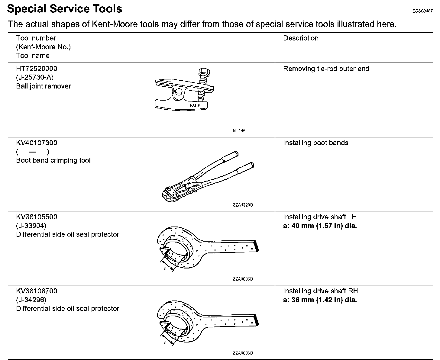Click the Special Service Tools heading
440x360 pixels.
coord(64,9)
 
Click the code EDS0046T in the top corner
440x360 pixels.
coord(422,11)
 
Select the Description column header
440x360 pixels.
coord(301,38)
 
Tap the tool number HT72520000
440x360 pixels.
coord(37,69)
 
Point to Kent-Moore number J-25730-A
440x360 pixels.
coord(35,78)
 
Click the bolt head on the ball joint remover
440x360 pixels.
coord(204,72)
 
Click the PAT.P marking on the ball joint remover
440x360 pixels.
coord(195,105)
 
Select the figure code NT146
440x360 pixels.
coord(239,130)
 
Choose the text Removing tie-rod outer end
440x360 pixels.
coord(326,69)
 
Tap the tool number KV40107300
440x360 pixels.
coord(37,143)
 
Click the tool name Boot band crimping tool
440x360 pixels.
coord(53,160)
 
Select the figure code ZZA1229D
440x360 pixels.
coord(243,205)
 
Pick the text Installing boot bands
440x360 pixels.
coord(315,143)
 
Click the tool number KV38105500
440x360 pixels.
coord(37,217)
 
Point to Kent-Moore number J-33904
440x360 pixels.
coord(31,226)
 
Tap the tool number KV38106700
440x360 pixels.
coord(37,291)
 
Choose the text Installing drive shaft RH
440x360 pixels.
coord(320,291)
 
